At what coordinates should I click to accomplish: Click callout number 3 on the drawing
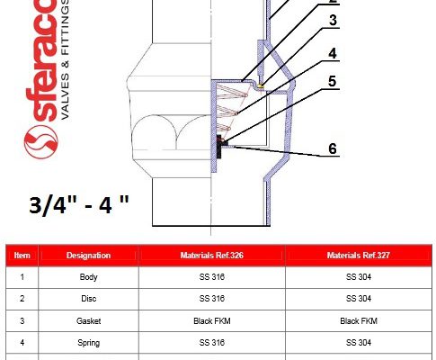333,21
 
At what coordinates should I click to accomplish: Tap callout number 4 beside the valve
333,53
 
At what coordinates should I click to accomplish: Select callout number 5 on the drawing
333,81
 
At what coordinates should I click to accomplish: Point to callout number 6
333,148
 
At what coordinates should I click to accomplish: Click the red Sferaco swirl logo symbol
40,141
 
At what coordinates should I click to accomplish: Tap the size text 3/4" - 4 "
79,205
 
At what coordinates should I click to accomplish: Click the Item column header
22,256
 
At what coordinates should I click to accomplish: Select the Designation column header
88,256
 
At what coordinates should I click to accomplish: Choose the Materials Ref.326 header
211,256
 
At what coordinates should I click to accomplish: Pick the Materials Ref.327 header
359,256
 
